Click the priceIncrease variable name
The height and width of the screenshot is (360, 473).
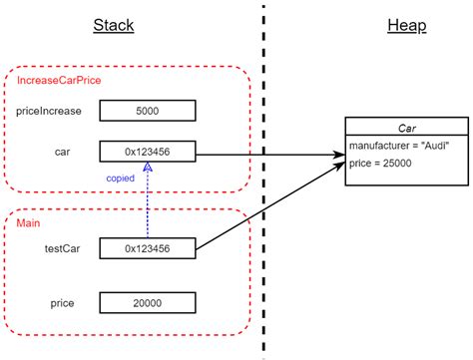click(x=49, y=111)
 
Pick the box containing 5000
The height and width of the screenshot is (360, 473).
click(x=147, y=111)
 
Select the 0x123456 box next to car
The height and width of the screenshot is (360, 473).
click(x=147, y=153)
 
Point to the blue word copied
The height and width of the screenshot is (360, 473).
click(x=122, y=178)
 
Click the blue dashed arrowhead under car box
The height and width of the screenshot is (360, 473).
click(x=147, y=169)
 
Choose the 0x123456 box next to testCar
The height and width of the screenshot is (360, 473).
click(x=147, y=246)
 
